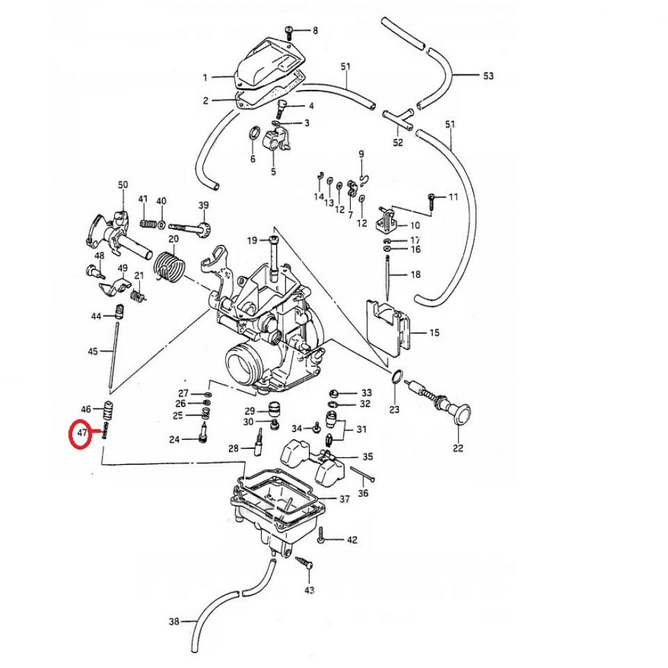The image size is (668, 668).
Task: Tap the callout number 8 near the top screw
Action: (x=315, y=31)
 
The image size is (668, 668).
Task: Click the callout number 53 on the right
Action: (x=488, y=75)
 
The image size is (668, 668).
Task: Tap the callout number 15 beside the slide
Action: (x=434, y=333)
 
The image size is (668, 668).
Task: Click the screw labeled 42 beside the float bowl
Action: (x=321, y=538)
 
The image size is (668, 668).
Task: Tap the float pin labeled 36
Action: (x=364, y=475)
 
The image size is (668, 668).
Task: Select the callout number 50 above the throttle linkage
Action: (x=123, y=184)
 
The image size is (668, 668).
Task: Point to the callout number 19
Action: (x=252, y=241)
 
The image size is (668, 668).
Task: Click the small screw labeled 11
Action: (x=433, y=199)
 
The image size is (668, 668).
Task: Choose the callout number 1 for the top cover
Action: (x=205, y=77)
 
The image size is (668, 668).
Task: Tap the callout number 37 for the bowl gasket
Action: (x=344, y=499)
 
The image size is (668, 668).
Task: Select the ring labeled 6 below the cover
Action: (x=255, y=133)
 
